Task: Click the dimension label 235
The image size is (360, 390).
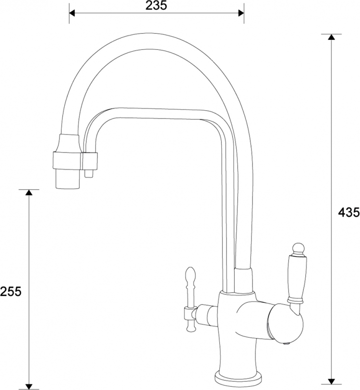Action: (156, 5)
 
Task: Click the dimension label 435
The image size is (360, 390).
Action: (349, 212)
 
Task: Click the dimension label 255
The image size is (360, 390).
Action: (11, 292)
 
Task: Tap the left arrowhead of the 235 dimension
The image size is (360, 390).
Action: (72, 13)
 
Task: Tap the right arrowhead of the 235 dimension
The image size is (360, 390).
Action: (241, 13)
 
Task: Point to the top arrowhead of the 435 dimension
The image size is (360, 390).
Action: (331, 37)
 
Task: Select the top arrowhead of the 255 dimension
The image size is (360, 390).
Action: (29, 192)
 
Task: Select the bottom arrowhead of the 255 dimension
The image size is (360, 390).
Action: (29, 387)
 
